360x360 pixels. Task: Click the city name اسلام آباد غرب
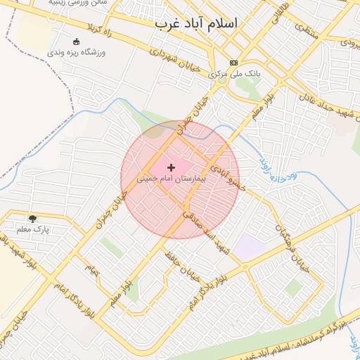coord(196,23)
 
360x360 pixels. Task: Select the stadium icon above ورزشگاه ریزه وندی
coord(76,41)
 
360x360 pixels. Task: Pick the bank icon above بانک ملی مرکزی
coord(233,62)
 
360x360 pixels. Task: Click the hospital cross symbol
coord(171,167)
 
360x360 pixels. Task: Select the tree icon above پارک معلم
coord(32,219)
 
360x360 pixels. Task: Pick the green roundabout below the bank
coord(222,79)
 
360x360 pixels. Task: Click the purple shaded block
coord(247,247)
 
